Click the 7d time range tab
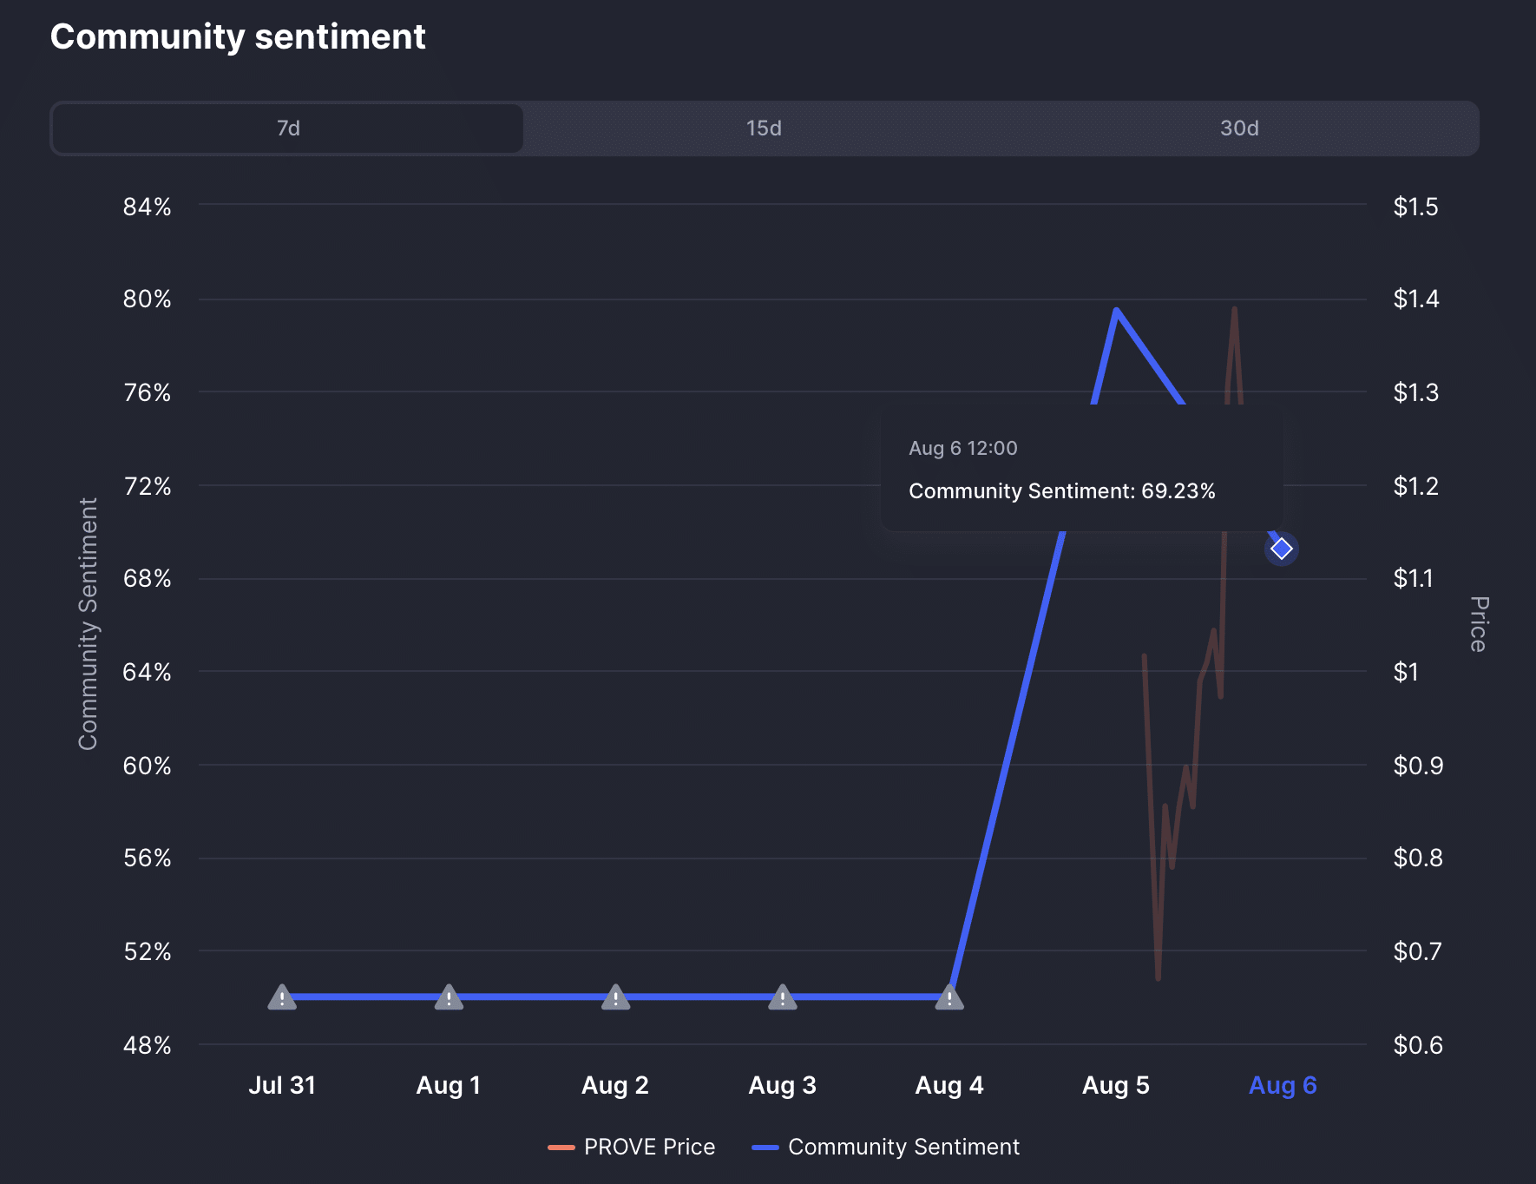click(288, 128)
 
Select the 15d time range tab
click(764, 128)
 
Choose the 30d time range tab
click(1239, 128)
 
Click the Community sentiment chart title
click(238, 36)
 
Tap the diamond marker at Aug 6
click(1282, 549)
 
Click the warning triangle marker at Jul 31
click(282, 997)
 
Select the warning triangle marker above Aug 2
click(615, 997)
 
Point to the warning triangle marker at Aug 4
click(949, 997)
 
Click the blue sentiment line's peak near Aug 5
click(1116, 310)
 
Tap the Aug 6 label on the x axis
click(1283, 1085)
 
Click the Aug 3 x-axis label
click(783, 1085)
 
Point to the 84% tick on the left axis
click(148, 207)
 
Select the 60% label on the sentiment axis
click(148, 766)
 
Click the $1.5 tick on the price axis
click(1416, 207)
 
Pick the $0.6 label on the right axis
click(1418, 1045)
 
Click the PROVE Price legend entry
click(632, 1147)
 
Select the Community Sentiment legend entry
click(886, 1147)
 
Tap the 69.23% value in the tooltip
click(1178, 491)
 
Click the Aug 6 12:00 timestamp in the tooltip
click(963, 448)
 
